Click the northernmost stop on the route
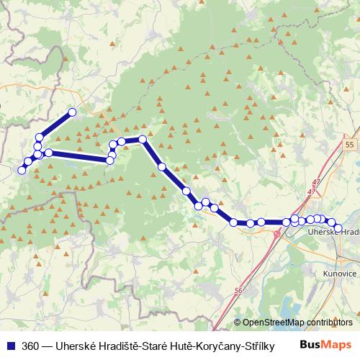tap(72, 112)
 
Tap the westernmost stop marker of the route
tap(22, 170)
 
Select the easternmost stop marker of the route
tap(338, 228)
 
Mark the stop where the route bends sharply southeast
tap(143, 139)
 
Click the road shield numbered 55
tap(349, 145)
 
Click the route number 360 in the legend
tap(31, 344)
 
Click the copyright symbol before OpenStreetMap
tap(238, 323)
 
